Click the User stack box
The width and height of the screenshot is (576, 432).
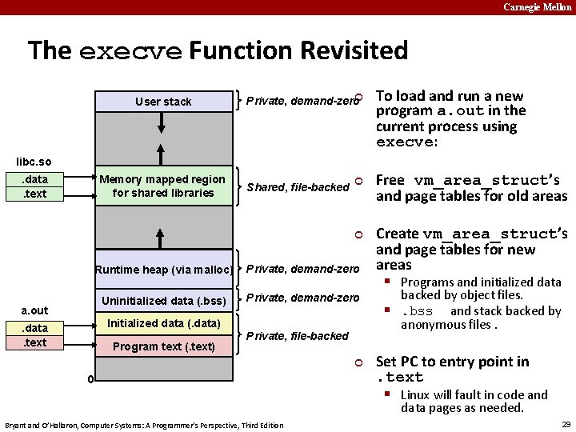163,102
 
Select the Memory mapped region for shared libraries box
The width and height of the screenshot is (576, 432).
163,186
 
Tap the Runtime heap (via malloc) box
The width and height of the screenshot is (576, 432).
163,270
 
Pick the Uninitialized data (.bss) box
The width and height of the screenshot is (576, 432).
163,302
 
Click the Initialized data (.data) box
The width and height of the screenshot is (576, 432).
163,323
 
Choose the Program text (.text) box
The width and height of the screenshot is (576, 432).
163,346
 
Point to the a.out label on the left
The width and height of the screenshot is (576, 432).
34,310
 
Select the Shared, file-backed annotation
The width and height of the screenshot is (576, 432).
298,187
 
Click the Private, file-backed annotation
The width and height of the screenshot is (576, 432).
297,336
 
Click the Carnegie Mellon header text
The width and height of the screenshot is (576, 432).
537,7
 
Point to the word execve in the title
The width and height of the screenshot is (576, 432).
130,51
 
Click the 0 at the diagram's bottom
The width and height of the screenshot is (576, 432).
90,378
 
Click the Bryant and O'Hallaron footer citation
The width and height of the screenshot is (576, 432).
144,425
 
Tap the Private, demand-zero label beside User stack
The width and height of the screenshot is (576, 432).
302,102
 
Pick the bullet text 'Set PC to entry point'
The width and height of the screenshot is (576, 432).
452,362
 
